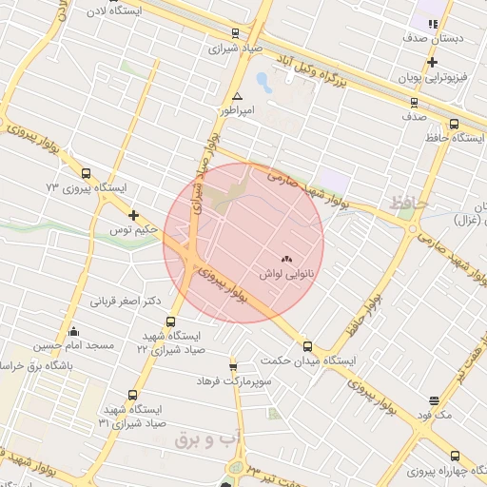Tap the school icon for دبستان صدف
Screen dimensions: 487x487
click(x=433, y=25)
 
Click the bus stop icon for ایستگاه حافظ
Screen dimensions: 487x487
click(x=454, y=124)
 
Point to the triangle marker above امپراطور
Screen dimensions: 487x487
click(x=237, y=97)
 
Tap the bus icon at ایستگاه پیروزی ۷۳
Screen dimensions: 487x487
click(x=87, y=174)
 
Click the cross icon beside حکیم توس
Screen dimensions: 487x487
click(x=133, y=215)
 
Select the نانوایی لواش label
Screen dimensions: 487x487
click(x=285, y=273)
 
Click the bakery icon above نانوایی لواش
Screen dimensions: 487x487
click(x=286, y=258)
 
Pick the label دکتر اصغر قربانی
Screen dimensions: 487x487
click(x=126, y=302)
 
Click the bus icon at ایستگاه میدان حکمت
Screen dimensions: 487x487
click(x=307, y=346)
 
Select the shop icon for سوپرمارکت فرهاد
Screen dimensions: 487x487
click(x=233, y=366)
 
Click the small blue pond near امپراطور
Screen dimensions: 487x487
click(x=263, y=83)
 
